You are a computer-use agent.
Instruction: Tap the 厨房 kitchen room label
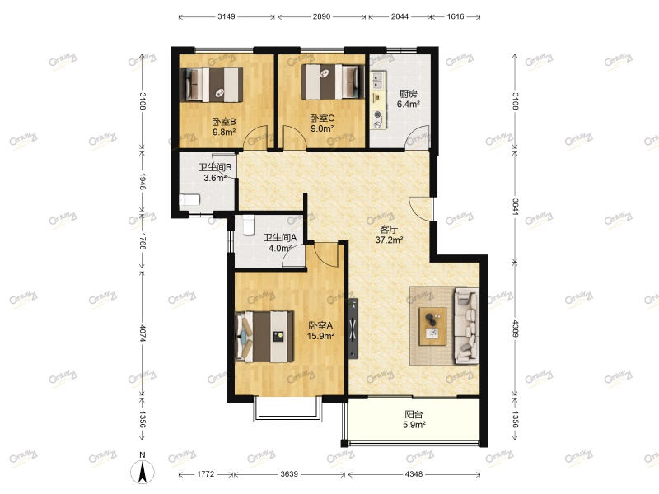pos(408,94)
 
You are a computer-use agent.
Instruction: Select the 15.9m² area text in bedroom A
pos(320,336)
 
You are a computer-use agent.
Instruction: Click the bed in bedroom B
pos(212,85)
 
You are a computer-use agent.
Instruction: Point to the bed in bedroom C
pos(333,82)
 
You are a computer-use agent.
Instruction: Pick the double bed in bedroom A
pos(264,337)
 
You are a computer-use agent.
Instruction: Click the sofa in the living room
pos(466,326)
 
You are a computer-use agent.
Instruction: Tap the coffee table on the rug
pos(433,326)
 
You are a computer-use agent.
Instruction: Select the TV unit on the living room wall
pos(353,329)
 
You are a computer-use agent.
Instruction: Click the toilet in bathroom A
pos(249,225)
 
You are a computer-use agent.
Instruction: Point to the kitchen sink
pos(377,81)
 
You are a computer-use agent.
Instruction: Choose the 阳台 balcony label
pos(414,415)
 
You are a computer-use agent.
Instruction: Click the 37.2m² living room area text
pos(389,240)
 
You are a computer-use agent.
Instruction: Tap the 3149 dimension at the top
pos(227,16)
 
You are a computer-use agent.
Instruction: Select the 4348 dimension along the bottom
pos(414,474)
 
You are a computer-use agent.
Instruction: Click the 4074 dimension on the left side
pos(142,333)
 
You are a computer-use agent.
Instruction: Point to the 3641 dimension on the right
pos(516,207)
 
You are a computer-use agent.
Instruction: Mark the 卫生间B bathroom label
pos(215,167)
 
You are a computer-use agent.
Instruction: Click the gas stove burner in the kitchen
pos(378,114)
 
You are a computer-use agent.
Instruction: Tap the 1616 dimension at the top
pos(456,16)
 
